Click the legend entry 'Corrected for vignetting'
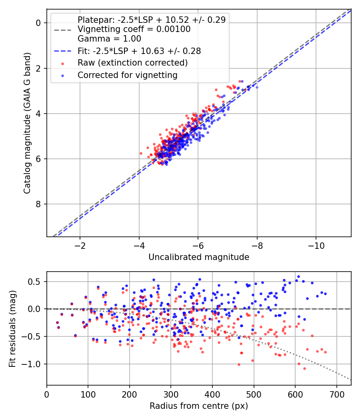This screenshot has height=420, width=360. coord(127,75)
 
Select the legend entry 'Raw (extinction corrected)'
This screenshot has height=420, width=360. coord(132,63)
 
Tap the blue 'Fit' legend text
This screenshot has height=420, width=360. coord(139,51)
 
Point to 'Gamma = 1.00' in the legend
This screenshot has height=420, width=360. coord(109,39)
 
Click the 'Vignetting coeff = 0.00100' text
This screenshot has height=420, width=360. coord(134,29)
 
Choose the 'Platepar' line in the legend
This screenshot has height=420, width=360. coord(152,20)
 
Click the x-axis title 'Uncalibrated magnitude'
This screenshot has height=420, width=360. coord(199,257)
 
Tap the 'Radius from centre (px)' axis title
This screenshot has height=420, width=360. coord(199,406)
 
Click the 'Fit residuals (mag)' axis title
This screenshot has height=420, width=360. coord(12,328)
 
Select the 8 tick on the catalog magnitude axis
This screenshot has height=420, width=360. coord(39,204)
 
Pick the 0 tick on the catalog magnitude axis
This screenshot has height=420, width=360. coord(39,23)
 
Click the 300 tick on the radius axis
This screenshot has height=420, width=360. coord(171,394)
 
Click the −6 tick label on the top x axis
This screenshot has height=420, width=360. coord(198,245)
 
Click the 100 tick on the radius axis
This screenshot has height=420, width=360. coord(88,394)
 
